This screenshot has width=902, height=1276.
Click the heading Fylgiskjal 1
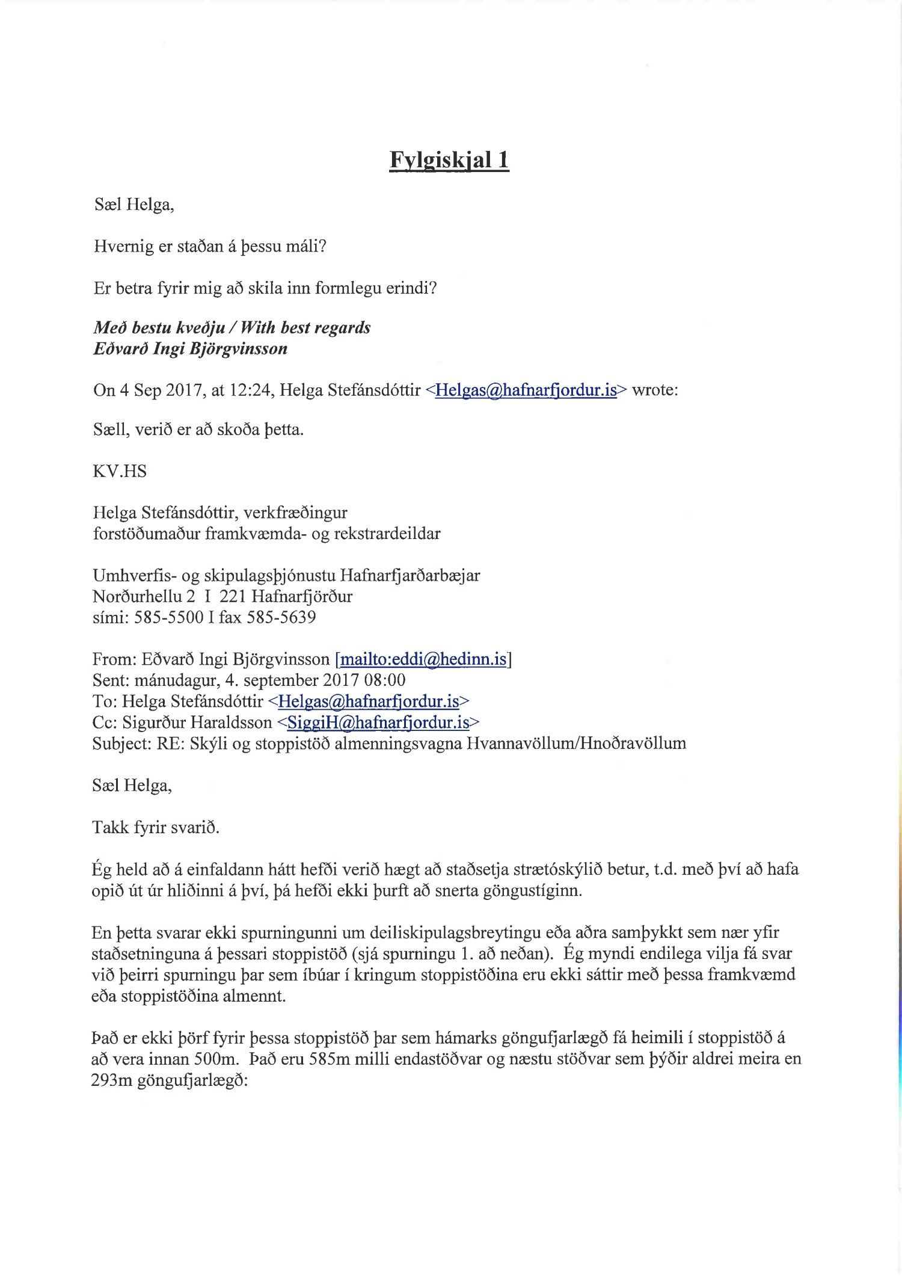coord(449,160)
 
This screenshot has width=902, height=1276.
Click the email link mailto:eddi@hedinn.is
coord(423,659)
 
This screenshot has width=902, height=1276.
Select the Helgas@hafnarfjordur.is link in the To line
coord(369,701)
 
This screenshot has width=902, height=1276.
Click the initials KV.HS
coord(120,471)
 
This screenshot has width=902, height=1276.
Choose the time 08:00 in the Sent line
coord(385,680)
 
